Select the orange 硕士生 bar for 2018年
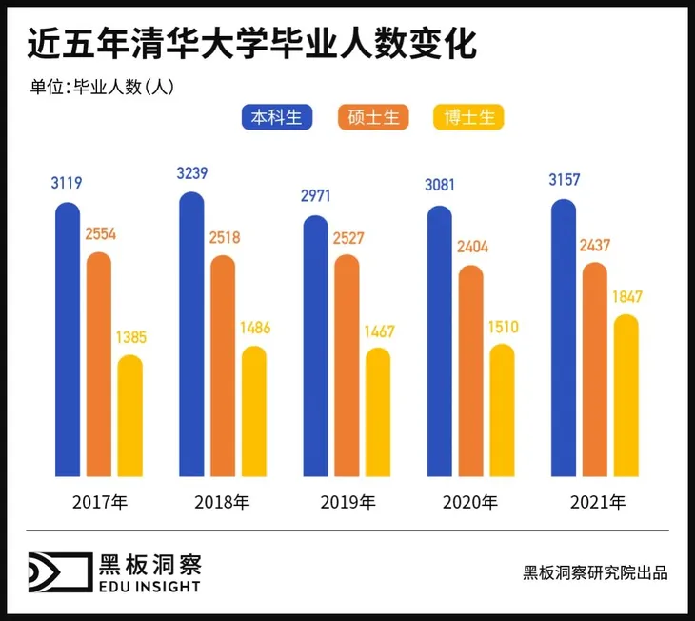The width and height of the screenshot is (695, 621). click(223, 366)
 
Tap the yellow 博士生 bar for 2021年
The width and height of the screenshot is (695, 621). click(625, 395)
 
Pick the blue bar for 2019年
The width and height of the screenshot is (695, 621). click(316, 347)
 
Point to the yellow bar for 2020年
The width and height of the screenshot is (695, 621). click(502, 411)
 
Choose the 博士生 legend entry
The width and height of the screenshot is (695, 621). click(467, 118)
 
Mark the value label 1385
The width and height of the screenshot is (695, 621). click(129, 337)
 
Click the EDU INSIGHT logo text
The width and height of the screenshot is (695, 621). click(150, 587)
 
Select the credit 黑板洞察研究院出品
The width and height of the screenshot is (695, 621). click(595, 572)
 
